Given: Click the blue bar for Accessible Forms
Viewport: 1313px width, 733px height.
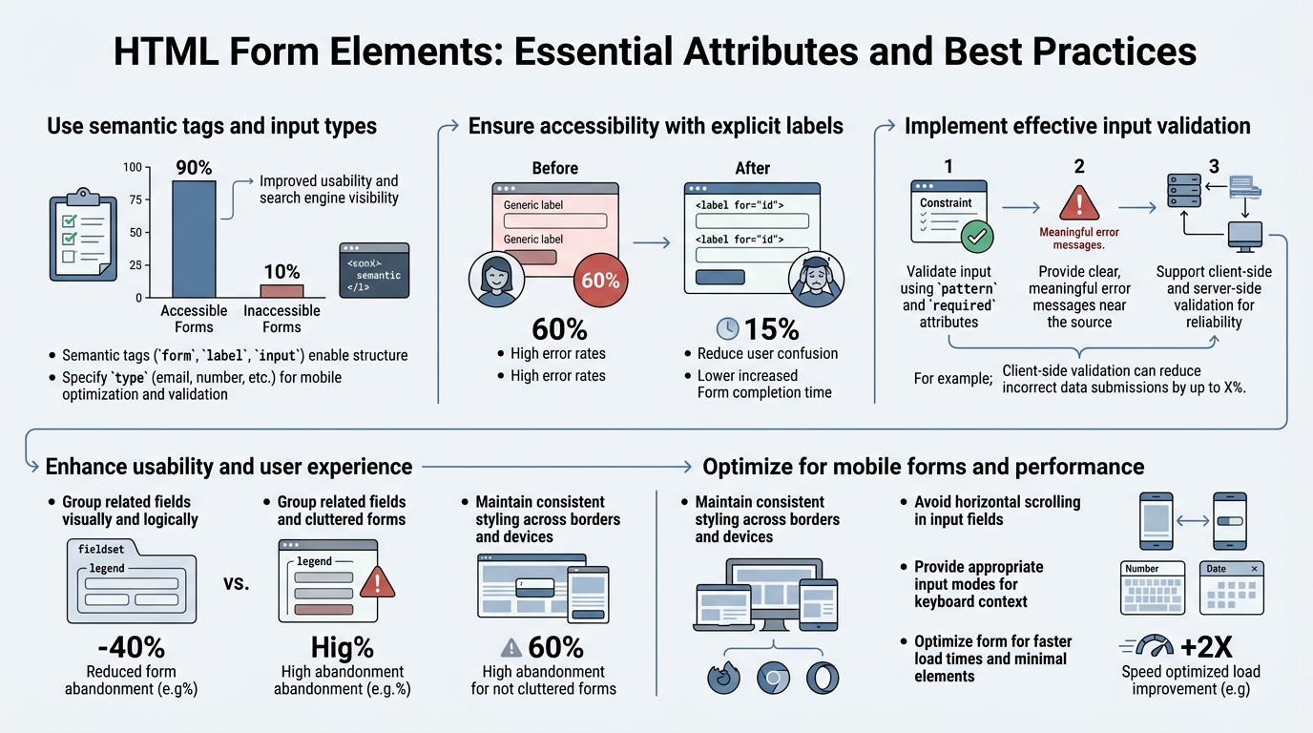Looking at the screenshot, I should [194, 239].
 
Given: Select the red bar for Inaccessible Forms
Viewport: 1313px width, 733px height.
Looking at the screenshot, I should [281, 290].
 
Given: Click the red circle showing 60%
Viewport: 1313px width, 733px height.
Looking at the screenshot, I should [600, 281].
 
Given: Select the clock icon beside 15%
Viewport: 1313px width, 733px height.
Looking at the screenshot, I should [727, 328].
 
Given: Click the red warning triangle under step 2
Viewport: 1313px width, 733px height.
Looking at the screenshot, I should [1079, 203].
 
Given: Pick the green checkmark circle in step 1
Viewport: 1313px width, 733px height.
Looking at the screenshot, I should [976, 235].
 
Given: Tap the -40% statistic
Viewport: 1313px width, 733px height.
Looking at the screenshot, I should [131, 647].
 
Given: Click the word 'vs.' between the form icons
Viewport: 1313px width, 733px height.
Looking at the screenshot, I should [237, 581].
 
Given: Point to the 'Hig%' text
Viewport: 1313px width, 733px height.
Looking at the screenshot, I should [343, 647].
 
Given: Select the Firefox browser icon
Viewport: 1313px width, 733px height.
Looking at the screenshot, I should [724, 677].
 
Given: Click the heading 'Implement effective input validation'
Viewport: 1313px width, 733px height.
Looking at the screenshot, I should [1077, 126].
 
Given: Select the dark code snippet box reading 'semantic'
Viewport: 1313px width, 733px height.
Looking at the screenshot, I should [374, 270].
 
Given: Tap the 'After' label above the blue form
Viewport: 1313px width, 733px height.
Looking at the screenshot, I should [752, 168].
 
